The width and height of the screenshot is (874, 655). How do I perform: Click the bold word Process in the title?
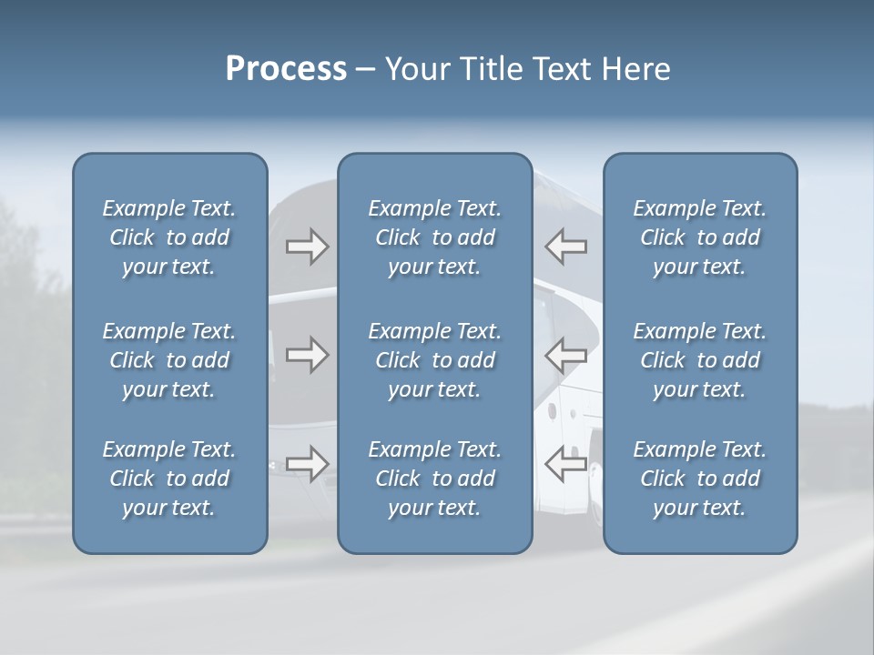click(x=286, y=69)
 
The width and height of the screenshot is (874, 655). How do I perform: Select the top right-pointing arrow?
click(x=307, y=247)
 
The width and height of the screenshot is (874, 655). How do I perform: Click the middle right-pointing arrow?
click(x=307, y=355)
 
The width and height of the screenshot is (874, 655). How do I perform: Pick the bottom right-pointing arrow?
click(x=307, y=464)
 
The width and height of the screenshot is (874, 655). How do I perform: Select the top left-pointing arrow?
click(x=565, y=247)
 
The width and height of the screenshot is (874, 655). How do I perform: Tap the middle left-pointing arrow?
click(x=565, y=355)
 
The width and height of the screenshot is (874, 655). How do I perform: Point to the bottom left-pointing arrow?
click(x=565, y=464)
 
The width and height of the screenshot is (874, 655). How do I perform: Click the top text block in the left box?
click(x=169, y=237)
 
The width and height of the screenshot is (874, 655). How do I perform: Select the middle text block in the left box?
click(x=169, y=360)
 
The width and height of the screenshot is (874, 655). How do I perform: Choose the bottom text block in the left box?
click(x=169, y=479)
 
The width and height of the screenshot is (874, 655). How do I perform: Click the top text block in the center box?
click(x=434, y=237)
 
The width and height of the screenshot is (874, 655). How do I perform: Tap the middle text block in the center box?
click(x=434, y=360)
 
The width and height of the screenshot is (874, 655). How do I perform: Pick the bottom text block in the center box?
click(x=434, y=479)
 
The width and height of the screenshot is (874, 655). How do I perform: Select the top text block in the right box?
click(x=699, y=237)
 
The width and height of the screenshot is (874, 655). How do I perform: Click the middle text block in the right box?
click(x=699, y=360)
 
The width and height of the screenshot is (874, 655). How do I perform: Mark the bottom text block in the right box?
click(x=699, y=479)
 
